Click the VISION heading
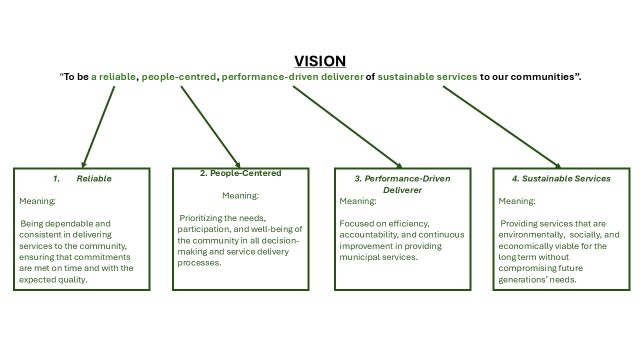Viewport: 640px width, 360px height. point(320,61)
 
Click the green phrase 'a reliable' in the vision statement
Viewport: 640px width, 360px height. point(113,77)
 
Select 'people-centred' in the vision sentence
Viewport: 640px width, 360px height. point(179,77)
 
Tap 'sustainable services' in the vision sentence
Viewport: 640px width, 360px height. point(427,77)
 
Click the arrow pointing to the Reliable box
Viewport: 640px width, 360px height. point(99,126)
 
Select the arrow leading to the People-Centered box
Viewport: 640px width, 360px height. point(210,126)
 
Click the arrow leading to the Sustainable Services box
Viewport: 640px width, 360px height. point(501,126)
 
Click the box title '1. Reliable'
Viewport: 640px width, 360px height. point(82,178)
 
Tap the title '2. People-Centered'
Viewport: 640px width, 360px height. point(240,173)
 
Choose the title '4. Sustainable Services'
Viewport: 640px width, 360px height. point(561,178)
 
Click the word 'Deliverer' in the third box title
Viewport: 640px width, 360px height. point(402,190)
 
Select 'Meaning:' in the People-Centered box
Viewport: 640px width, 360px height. point(240,195)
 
